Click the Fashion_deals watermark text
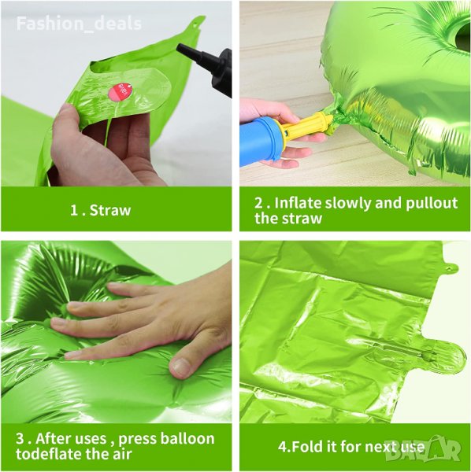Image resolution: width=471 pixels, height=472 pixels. tap(79, 24)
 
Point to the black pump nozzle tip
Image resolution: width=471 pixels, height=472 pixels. tap(180, 47)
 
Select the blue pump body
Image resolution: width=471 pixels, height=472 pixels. tap(261, 142)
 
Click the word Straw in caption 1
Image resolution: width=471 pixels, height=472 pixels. tap(110, 210)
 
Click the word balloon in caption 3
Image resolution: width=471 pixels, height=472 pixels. tap(187, 439)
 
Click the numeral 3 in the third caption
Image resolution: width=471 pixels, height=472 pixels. tap(20, 439)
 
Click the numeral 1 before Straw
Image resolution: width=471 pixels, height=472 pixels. tap(73, 210)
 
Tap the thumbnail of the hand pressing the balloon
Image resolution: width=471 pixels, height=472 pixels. tap(117, 332)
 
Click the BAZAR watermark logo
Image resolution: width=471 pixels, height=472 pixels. tap(424, 451)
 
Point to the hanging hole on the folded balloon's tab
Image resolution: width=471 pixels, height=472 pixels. tap(448, 268)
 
